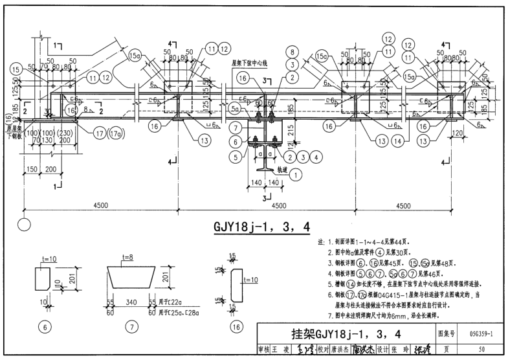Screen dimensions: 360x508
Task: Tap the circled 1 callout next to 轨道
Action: (296, 174)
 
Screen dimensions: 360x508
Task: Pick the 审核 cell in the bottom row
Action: (265, 350)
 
